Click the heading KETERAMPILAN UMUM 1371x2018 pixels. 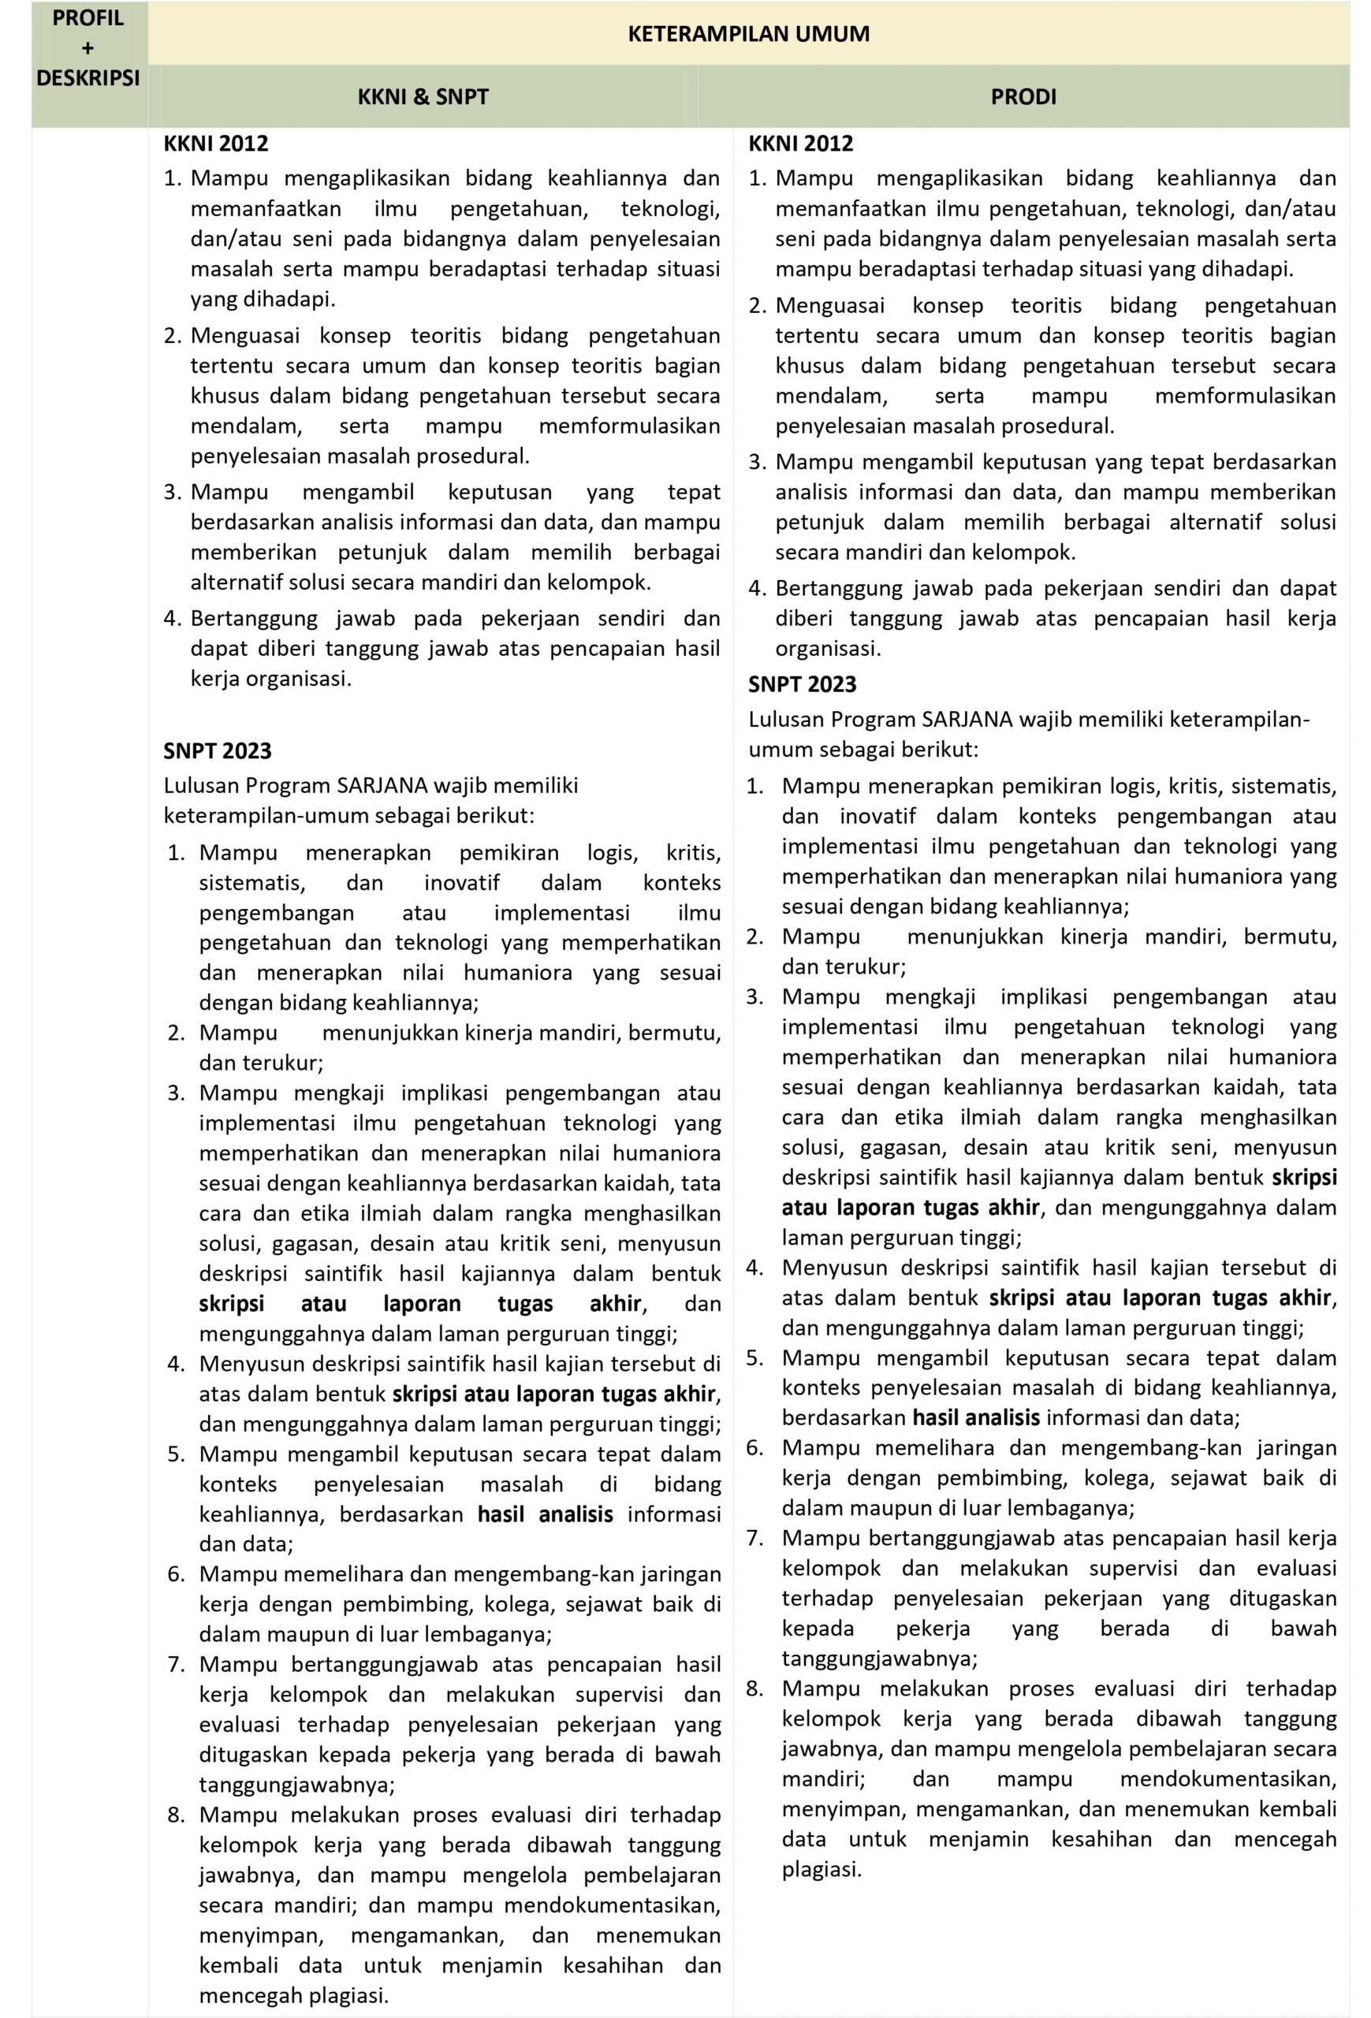[x=747, y=34]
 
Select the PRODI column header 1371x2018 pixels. [x=1023, y=96]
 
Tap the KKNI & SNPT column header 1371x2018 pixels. [x=423, y=96]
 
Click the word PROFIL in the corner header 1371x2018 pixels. [x=88, y=18]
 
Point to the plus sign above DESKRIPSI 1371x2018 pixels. [x=88, y=49]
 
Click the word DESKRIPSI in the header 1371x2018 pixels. [x=88, y=78]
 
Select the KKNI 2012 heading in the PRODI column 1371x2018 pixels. [x=800, y=144]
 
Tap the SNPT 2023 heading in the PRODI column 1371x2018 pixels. [x=802, y=684]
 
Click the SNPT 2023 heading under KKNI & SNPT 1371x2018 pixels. [x=217, y=750]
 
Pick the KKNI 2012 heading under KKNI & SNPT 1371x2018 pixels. [x=215, y=144]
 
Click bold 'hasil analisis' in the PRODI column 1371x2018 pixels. [x=975, y=1418]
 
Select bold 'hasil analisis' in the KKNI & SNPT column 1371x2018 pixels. [x=545, y=1514]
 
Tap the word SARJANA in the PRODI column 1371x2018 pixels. [x=967, y=719]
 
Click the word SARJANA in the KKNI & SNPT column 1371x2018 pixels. [x=382, y=786]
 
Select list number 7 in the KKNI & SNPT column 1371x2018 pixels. [x=177, y=1665]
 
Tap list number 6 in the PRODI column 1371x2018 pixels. [x=754, y=1447]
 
